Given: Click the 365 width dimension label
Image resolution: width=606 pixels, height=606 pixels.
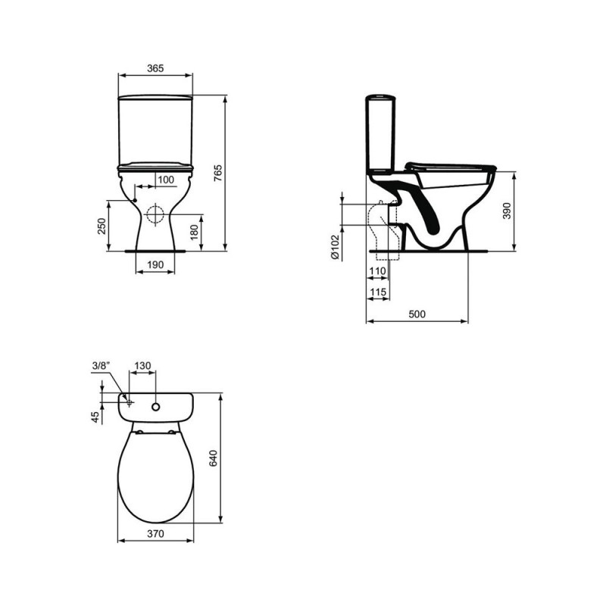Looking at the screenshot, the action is point(155,68).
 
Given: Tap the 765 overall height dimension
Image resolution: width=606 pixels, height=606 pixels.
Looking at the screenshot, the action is point(218,173).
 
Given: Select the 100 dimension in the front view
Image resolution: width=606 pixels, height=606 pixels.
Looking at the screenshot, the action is point(166,180).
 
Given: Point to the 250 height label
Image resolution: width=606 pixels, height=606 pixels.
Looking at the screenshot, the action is point(102,226).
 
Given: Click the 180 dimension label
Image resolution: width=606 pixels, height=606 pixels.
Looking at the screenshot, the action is point(195,232).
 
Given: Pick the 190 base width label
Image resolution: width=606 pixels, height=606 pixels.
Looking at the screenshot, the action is point(155,264).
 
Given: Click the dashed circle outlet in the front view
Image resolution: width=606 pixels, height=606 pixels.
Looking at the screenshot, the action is point(155,214).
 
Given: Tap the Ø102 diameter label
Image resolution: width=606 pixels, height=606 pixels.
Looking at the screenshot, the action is point(335,247).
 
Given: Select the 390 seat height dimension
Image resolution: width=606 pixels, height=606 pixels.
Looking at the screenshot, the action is point(507,211).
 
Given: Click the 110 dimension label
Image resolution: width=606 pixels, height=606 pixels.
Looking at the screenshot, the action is point(377,271).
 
